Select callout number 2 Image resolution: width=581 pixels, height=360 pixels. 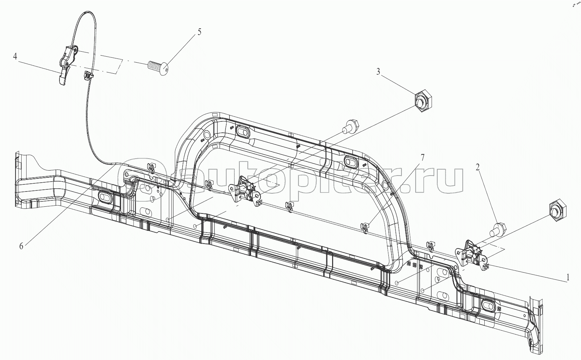[x=478, y=167]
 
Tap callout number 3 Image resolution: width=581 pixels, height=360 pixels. [x=378, y=72]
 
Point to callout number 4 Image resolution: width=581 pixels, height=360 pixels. [x=15, y=56]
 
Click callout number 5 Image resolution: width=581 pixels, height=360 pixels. [x=199, y=32]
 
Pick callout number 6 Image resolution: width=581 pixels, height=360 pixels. [x=21, y=246]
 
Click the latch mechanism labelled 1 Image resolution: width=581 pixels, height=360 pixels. [x=471, y=254]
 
